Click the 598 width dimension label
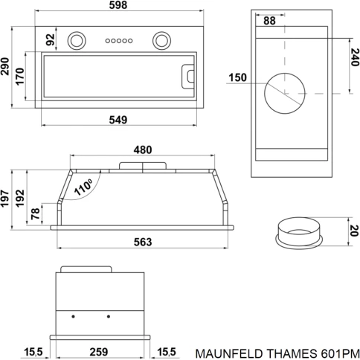[x=118, y=5]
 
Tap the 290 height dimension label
[x=5, y=67]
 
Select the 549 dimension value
[x=118, y=120]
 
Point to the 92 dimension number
[x=51, y=39]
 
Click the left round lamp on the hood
[x=77, y=40]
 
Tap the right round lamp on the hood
[x=161, y=40]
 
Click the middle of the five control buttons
[x=119, y=41]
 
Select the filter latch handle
[x=188, y=77]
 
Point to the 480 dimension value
[x=143, y=150]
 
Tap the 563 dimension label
[x=143, y=242]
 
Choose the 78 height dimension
[x=35, y=213]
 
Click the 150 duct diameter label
[x=237, y=77]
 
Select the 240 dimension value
[x=355, y=57]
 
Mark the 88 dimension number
[x=269, y=21]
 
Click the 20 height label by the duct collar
[x=355, y=231]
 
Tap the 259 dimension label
[x=99, y=352]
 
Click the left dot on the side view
[x=73, y=317]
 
